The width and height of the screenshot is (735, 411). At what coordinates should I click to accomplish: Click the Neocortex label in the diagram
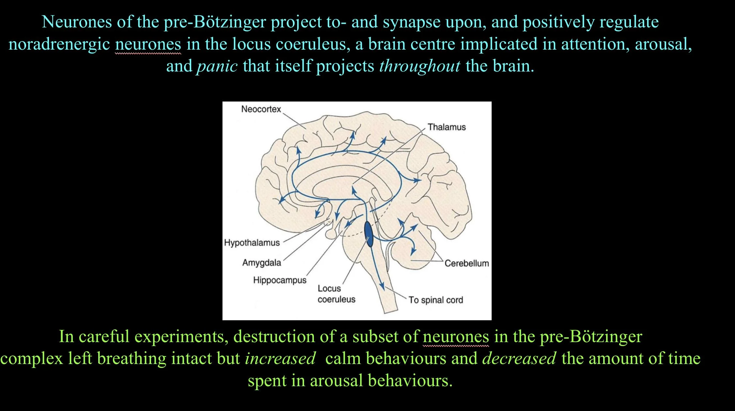click(x=261, y=109)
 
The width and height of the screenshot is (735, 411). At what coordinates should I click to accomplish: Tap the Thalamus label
click(x=447, y=127)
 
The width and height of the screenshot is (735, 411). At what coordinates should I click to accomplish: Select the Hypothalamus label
click(x=252, y=243)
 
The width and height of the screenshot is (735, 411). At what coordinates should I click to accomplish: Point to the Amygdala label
click(x=262, y=263)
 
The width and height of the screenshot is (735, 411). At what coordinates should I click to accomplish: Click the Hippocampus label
click(x=280, y=280)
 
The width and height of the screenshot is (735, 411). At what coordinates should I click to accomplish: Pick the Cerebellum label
click(x=467, y=263)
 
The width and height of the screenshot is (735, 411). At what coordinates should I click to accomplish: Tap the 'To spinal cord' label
click(x=436, y=300)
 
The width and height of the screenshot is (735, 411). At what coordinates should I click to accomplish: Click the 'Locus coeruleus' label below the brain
click(x=336, y=294)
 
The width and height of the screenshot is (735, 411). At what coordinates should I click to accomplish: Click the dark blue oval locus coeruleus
click(x=369, y=234)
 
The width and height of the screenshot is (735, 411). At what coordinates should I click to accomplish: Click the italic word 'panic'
click(x=217, y=66)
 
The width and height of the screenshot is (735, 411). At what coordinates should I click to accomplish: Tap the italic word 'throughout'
click(x=420, y=66)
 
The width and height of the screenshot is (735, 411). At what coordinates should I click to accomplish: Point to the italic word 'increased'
click(x=280, y=358)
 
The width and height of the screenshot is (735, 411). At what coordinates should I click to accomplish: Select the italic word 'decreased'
click(x=519, y=358)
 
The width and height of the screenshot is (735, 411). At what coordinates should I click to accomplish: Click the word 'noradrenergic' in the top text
click(x=59, y=44)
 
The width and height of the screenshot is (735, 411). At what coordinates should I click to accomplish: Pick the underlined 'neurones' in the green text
click(x=456, y=337)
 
